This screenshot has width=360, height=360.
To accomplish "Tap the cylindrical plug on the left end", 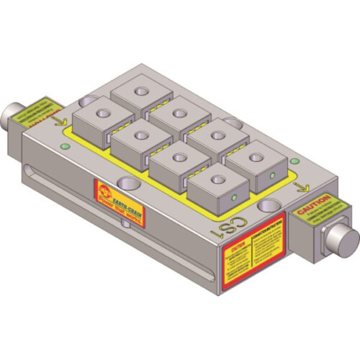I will point(12,113).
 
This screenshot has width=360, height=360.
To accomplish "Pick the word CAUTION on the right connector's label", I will point(312,199).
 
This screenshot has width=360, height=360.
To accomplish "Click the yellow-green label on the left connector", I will point(41,111).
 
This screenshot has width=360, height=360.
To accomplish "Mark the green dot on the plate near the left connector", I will point(66,148).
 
